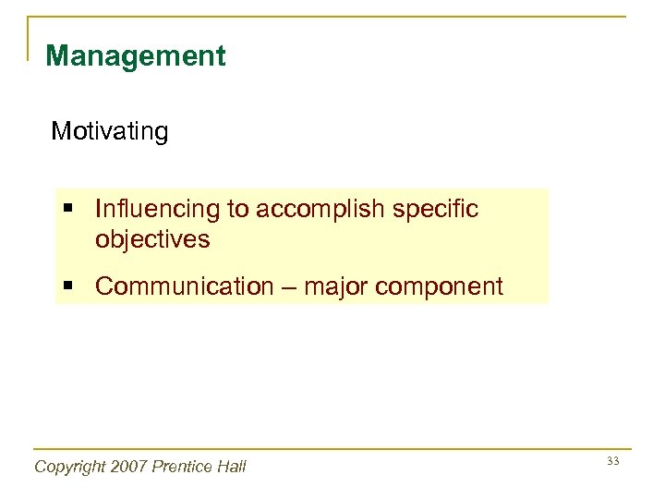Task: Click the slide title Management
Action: coord(135,56)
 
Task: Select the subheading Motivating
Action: coord(110,132)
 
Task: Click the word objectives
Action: coord(152,240)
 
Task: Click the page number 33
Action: coord(611,461)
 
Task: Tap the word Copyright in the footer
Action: coord(70,467)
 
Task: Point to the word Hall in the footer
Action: coord(231,467)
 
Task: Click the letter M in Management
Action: coord(56,56)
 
